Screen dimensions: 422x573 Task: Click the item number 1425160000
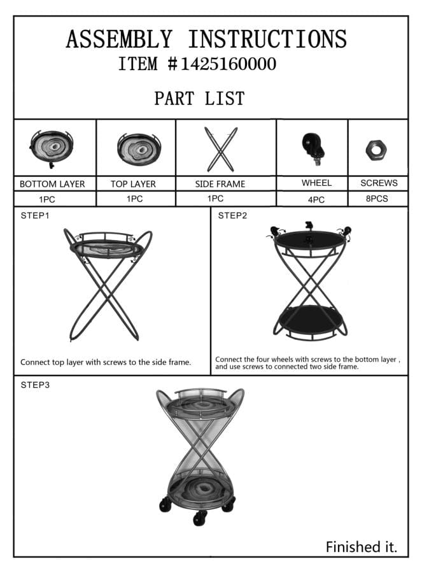229,64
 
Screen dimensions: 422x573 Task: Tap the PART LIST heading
199,98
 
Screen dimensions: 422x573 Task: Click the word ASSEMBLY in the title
119,39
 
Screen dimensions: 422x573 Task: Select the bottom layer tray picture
52,148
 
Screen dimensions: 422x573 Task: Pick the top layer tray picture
139,150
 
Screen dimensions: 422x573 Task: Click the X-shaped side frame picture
221,149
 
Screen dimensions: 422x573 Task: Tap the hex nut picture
376,150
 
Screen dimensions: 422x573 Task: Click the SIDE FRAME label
220,184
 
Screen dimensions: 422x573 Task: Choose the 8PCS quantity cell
378,199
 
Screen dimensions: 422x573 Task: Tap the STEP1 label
35,216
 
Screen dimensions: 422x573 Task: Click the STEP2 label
232,216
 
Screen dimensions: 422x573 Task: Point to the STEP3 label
35,385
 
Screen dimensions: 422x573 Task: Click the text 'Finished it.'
362,547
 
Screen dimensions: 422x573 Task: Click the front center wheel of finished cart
200,518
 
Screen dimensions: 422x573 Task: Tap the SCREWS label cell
378,183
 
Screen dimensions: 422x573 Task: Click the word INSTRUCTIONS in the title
267,39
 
